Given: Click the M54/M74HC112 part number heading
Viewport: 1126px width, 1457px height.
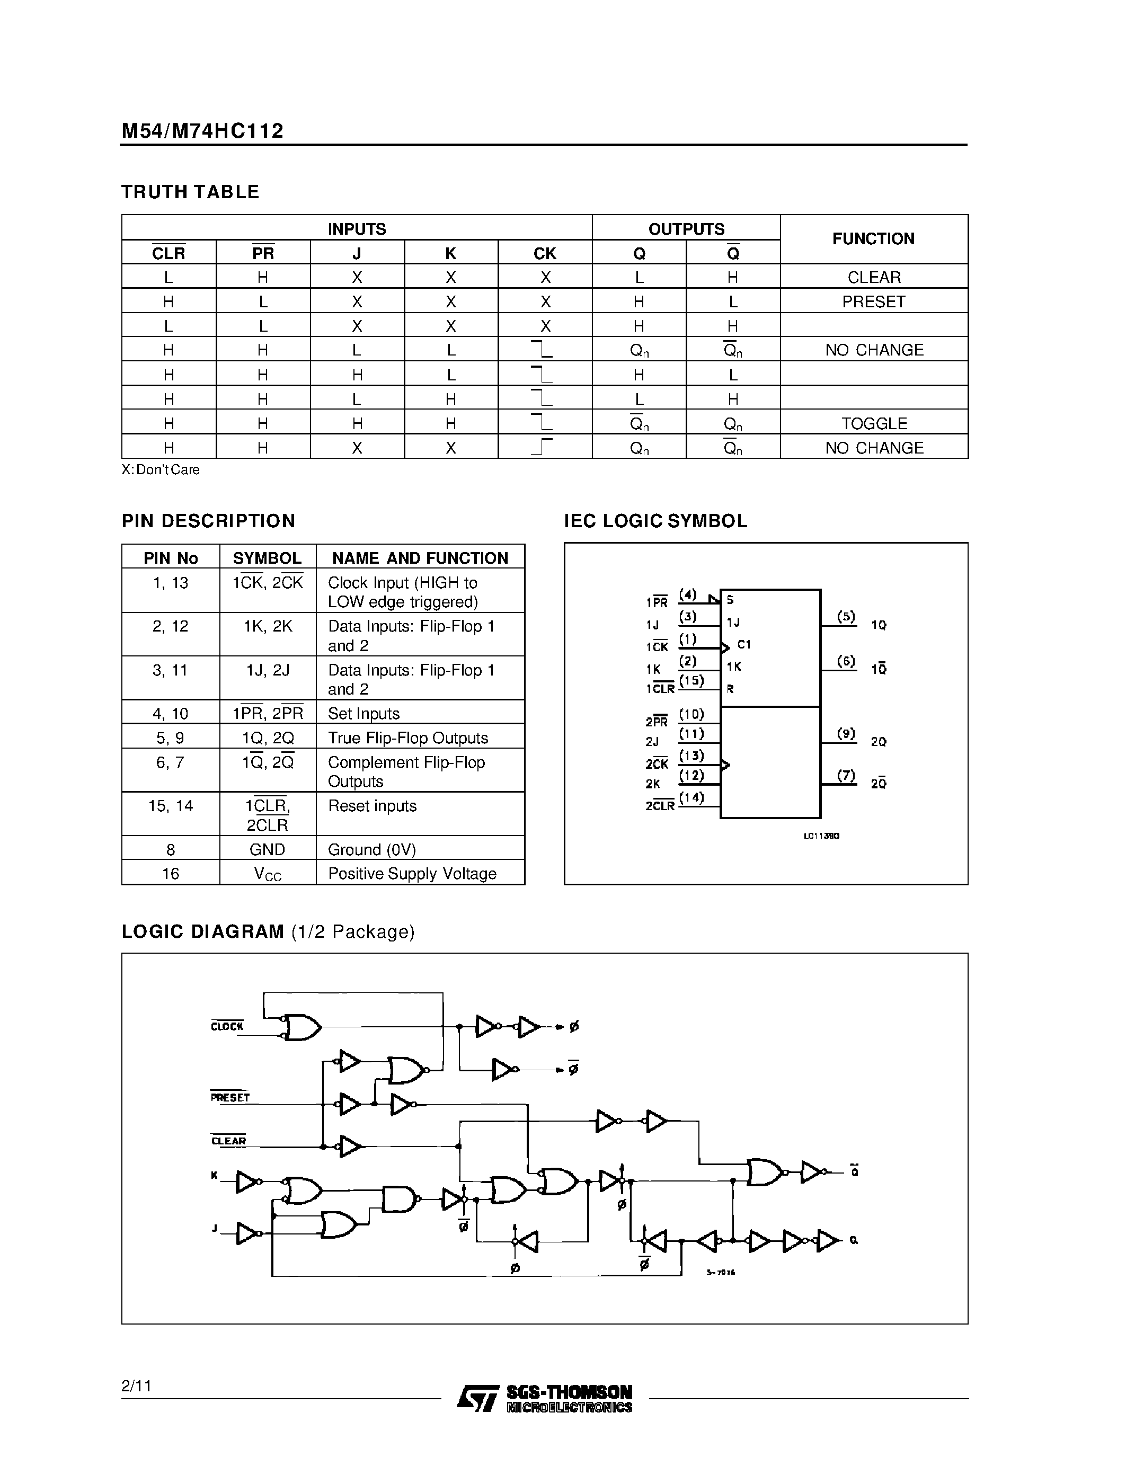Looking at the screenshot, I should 202,131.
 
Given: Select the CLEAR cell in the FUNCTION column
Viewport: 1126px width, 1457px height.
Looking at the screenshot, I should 873,277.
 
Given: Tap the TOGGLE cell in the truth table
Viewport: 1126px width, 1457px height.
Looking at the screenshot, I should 873,424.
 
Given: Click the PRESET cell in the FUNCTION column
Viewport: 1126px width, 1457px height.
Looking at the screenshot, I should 873,301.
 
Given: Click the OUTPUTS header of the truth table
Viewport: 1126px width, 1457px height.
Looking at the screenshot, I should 686,229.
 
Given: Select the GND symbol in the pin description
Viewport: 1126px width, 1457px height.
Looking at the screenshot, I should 267,849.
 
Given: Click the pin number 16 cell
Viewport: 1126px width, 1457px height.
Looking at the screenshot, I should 170,873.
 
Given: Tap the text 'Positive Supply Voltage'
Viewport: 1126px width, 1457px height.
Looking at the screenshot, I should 412,873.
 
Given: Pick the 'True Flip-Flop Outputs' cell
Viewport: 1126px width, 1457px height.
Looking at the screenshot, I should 407,738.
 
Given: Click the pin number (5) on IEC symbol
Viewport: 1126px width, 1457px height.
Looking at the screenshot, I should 846,616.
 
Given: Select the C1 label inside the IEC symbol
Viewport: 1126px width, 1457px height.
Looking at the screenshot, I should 744,644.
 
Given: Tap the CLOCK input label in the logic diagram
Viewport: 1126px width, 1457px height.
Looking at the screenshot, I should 227,1026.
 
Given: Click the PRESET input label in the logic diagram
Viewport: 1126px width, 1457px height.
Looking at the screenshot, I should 229,1097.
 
